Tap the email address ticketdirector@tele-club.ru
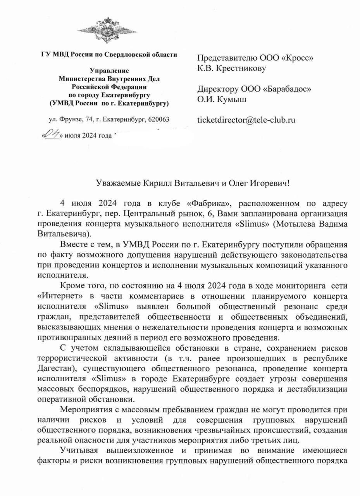coord(246,120)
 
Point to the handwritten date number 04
coord(52,134)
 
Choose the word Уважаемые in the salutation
coord(115,183)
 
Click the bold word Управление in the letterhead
coord(109,71)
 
